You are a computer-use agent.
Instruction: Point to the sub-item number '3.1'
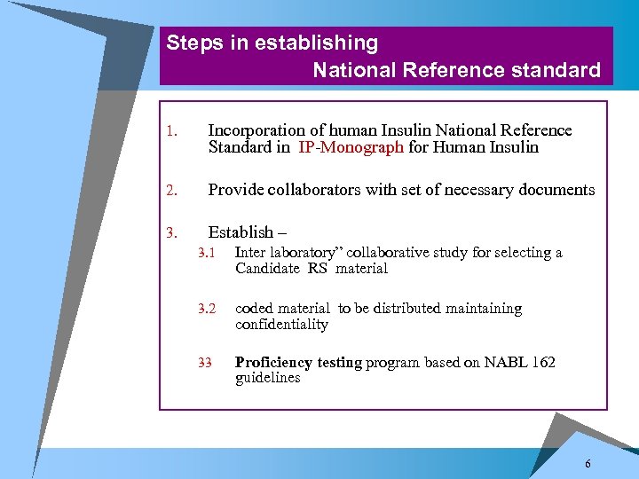[x=209, y=253]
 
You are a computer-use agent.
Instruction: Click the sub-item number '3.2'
[x=209, y=309]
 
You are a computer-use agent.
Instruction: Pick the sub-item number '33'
[x=205, y=362]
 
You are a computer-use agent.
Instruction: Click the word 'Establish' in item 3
[x=241, y=232]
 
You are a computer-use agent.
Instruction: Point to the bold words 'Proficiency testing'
[x=298, y=362]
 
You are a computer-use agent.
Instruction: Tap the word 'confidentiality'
[x=281, y=325]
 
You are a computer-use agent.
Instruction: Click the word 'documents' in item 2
[x=557, y=189]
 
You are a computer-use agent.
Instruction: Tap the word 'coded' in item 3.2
[x=254, y=309]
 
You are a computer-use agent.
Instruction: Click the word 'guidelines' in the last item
[x=267, y=378]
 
